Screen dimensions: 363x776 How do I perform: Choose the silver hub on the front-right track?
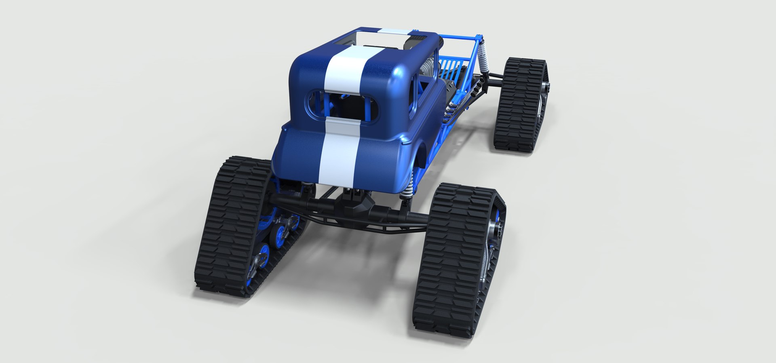click(x=546, y=87)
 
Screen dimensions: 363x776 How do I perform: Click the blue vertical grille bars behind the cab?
click(x=449, y=65)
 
